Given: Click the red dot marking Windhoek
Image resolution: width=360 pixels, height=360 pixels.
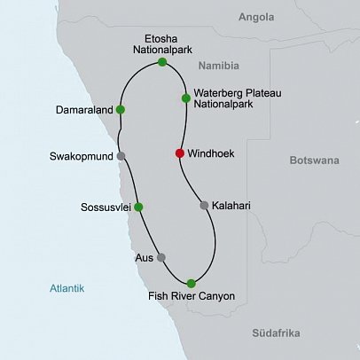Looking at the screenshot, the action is point(179,153).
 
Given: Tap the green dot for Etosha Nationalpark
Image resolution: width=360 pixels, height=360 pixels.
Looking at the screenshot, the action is point(162,63).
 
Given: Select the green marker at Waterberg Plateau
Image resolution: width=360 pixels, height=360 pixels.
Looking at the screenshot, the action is point(185,98).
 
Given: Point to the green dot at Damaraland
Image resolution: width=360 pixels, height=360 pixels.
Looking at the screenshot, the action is point(120,110).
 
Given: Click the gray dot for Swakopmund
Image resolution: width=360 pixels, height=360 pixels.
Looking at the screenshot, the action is point(121,157).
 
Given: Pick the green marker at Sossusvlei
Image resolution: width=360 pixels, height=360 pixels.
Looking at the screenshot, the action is point(137,207).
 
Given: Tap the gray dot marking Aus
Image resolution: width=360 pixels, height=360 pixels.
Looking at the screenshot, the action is point(160,257).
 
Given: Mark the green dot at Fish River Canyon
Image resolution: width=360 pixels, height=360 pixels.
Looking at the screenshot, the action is point(191,283).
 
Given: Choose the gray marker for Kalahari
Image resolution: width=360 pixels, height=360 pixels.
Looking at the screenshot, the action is point(204,206).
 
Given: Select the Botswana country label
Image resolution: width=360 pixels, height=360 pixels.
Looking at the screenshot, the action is point(316,161).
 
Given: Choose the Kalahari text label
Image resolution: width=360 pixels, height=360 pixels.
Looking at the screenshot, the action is point(232,206).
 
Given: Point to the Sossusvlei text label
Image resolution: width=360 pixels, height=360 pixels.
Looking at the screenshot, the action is point(101,207).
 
